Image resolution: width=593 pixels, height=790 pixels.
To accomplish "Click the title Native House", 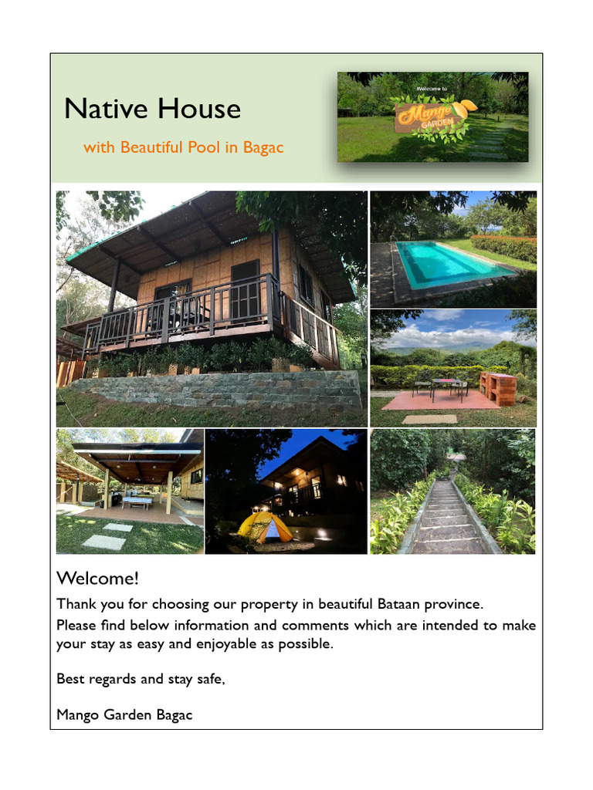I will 152,109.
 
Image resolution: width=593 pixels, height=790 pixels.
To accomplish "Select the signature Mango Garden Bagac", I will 124,715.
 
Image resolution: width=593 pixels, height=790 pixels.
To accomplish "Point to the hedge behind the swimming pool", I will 503,247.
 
